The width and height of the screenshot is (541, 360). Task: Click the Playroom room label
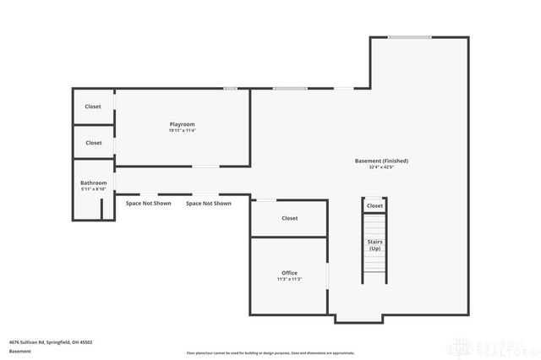(182, 124)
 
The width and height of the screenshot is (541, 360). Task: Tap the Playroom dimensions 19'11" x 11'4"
(182, 131)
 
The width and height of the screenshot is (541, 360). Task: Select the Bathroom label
(93, 183)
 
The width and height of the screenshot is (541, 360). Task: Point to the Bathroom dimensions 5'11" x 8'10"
(93, 189)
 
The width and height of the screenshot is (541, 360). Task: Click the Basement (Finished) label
(382, 161)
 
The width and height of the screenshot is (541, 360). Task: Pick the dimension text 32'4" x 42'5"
(382, 167)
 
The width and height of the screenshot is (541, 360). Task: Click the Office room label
(289, 273)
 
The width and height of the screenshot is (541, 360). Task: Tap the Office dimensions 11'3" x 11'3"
(289, 280)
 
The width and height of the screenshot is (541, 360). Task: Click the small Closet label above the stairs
(374, 205)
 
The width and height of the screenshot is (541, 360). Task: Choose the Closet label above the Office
(289, 218)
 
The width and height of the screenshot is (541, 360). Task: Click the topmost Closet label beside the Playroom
(93, 106)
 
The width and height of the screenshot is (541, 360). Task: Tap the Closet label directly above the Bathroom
(93, 143)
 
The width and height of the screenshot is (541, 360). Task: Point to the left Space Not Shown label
(149, 204)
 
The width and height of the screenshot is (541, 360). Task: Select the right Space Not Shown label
(209, 204)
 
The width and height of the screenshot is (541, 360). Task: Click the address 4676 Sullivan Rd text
(51, 342)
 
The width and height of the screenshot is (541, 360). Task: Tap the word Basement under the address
(19, 351)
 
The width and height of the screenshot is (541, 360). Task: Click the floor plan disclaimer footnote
(270, 352)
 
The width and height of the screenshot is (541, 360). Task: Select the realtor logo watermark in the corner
(494, 346)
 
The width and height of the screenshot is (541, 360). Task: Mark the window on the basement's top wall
(409, 37)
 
